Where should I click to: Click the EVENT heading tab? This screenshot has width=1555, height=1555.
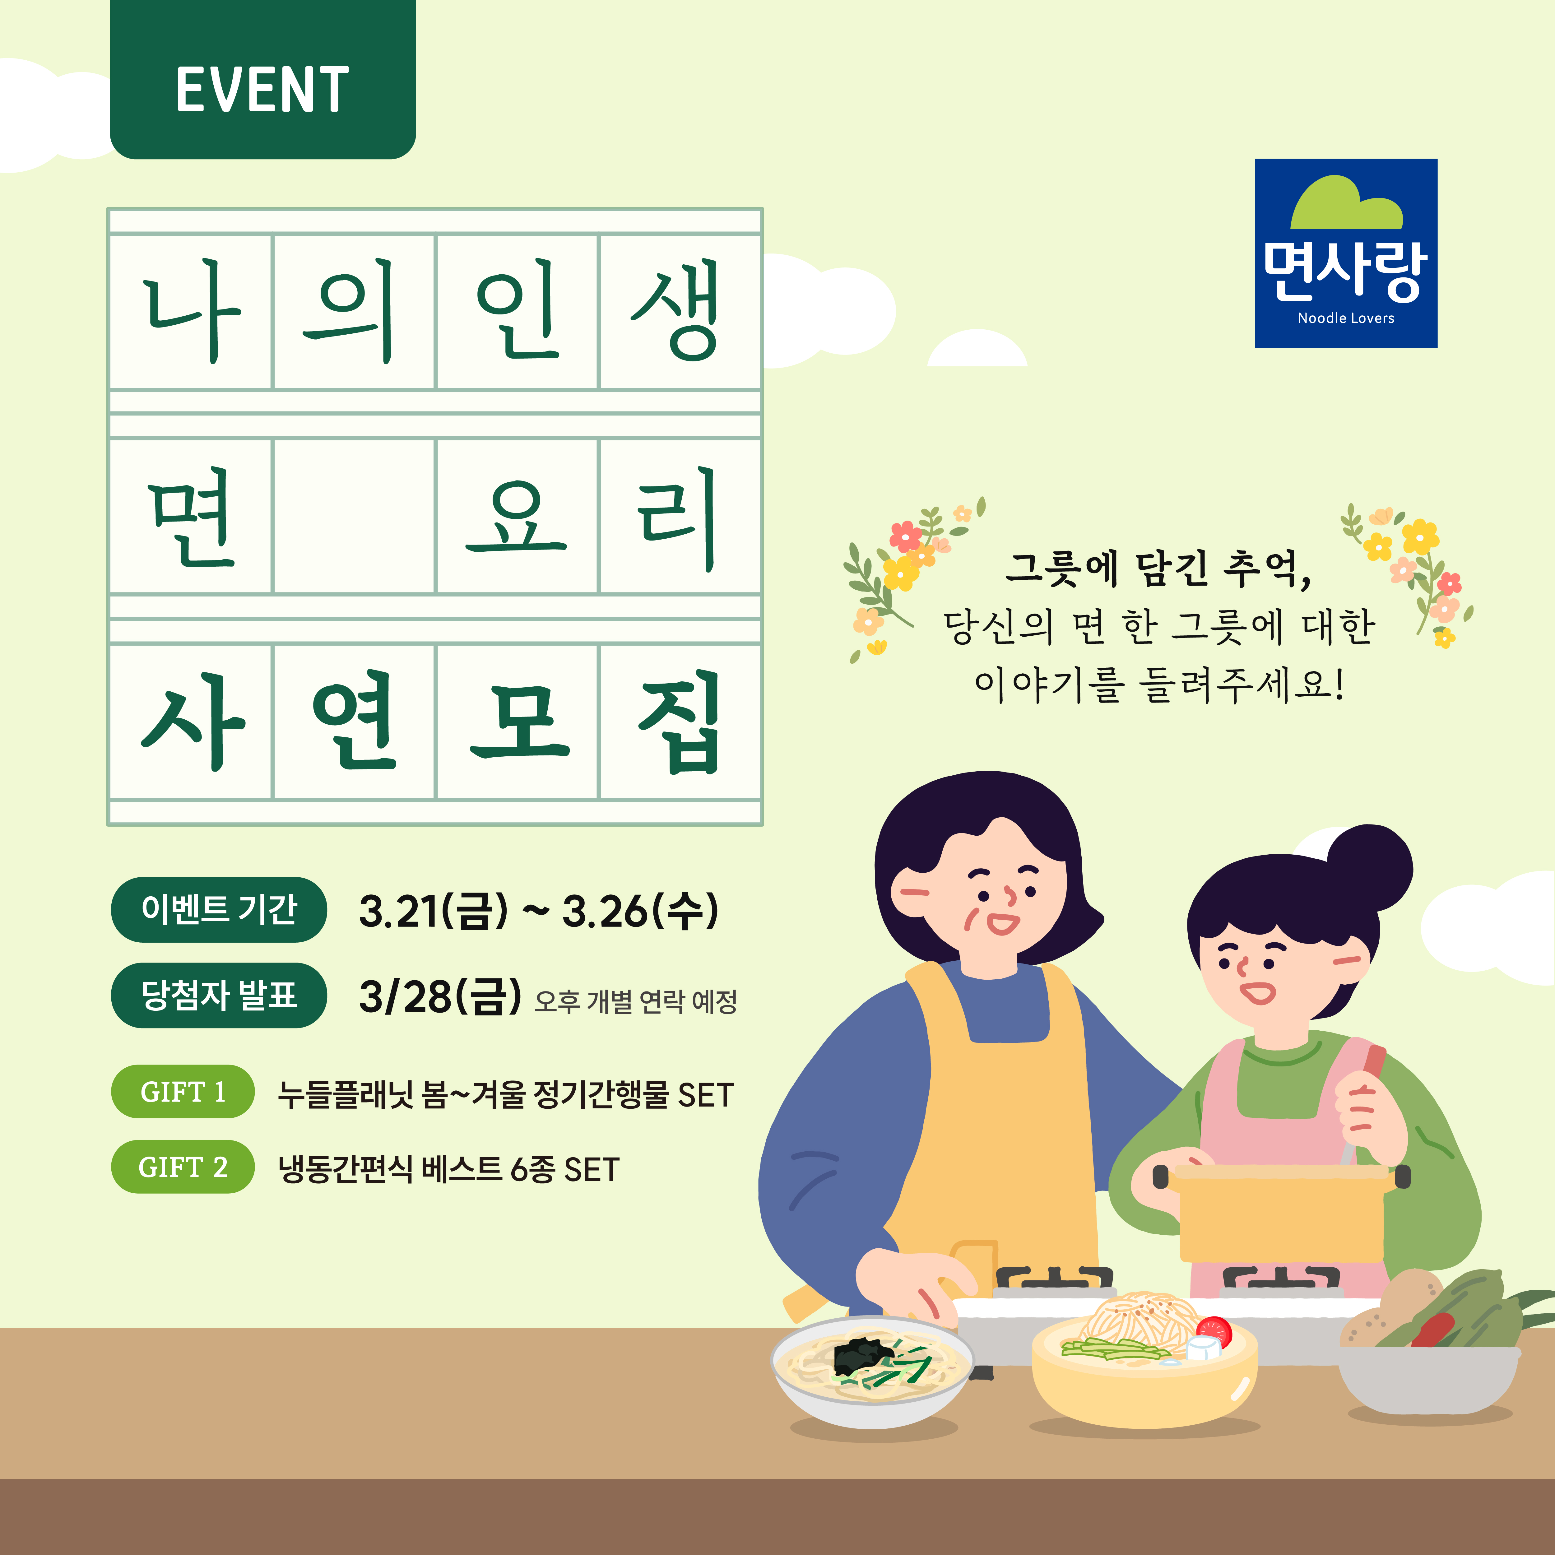click(262, 80)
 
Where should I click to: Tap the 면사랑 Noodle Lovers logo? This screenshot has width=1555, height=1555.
click(1346, 253)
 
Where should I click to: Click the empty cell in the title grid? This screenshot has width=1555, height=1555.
click(354, 516)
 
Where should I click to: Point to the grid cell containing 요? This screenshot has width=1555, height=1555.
click(517, 516)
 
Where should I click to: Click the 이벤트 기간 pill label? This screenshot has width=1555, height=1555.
click(219, 909)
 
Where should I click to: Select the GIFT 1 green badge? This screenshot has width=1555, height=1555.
click(183, 1091)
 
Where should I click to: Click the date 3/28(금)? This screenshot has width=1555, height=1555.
click(440, 996)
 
